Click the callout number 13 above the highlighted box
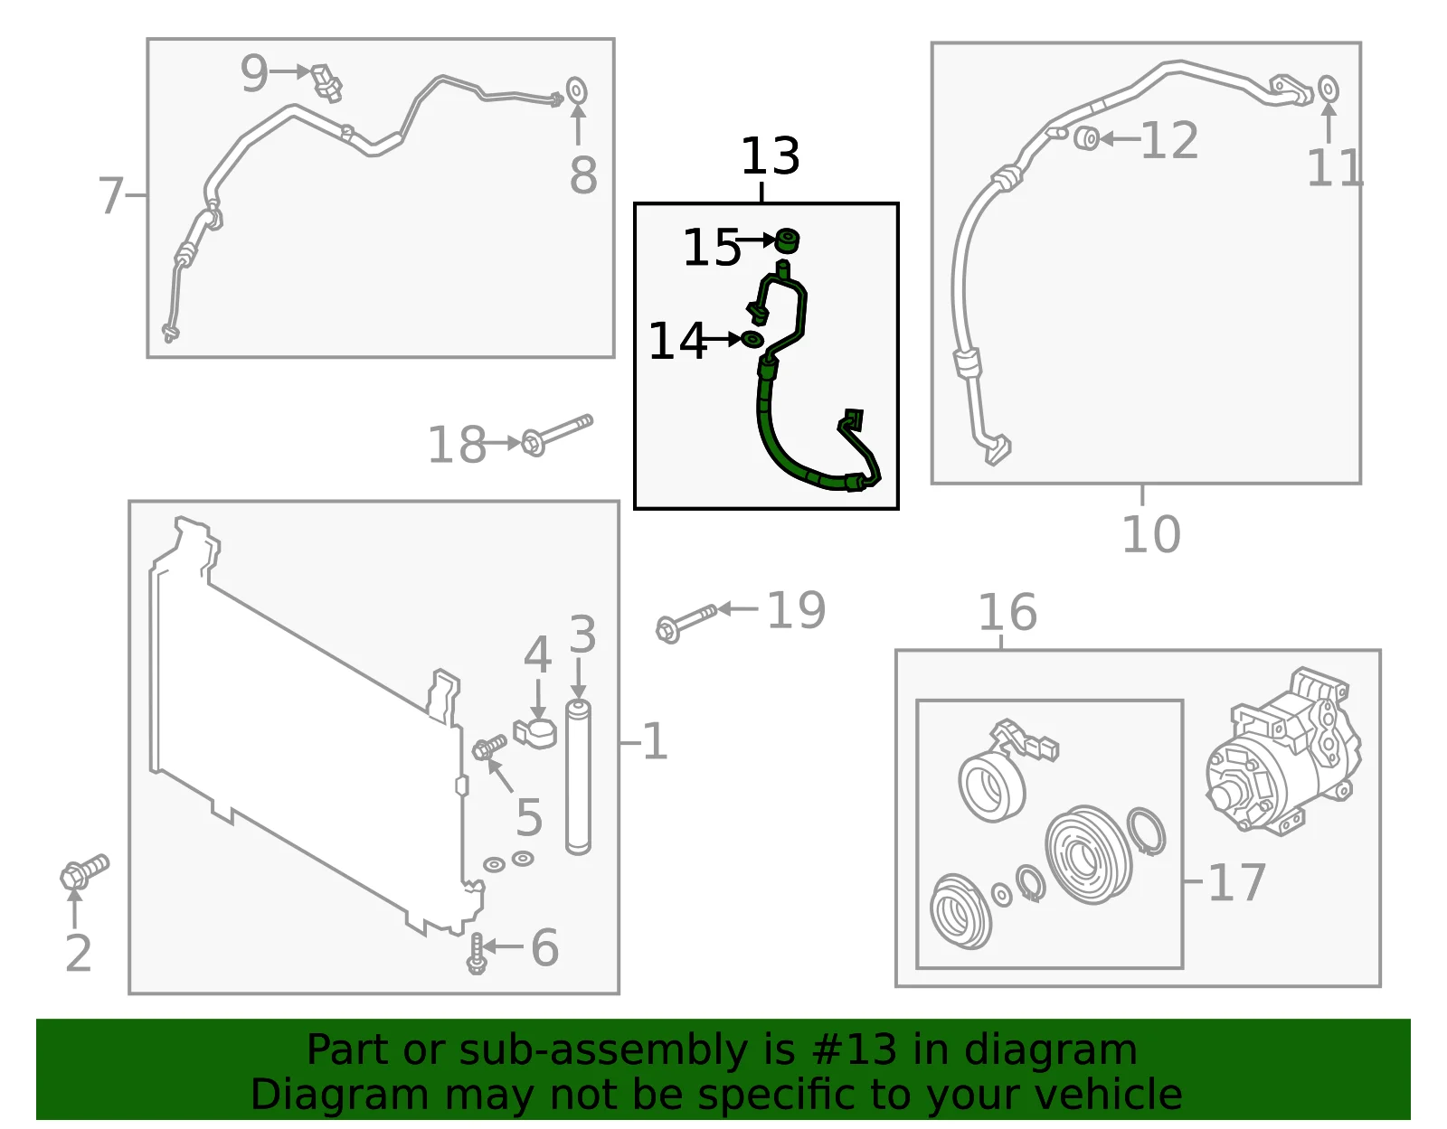tap(770, 155)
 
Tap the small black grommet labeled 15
tap(788, 240)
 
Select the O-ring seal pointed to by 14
tap(752, 339)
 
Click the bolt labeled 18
tap(557, 435)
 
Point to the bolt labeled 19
tap(686, 623)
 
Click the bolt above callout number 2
tap(85, 870)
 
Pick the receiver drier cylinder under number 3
tap(578, 777)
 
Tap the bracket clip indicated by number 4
tap(535, 733)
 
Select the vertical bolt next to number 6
tap(477, 954)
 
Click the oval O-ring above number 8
tap(577, 90)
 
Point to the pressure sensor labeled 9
tap(327, 82)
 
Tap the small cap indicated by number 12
tap(1087, 137)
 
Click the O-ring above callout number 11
tap(1328, 89)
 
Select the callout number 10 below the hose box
tap(1151, 534)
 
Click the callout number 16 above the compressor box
tap(1007, 612)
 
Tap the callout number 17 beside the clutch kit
tap(1236, 883)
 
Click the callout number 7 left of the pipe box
tap(111, 195)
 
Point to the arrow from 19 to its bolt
tap(738, 608)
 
